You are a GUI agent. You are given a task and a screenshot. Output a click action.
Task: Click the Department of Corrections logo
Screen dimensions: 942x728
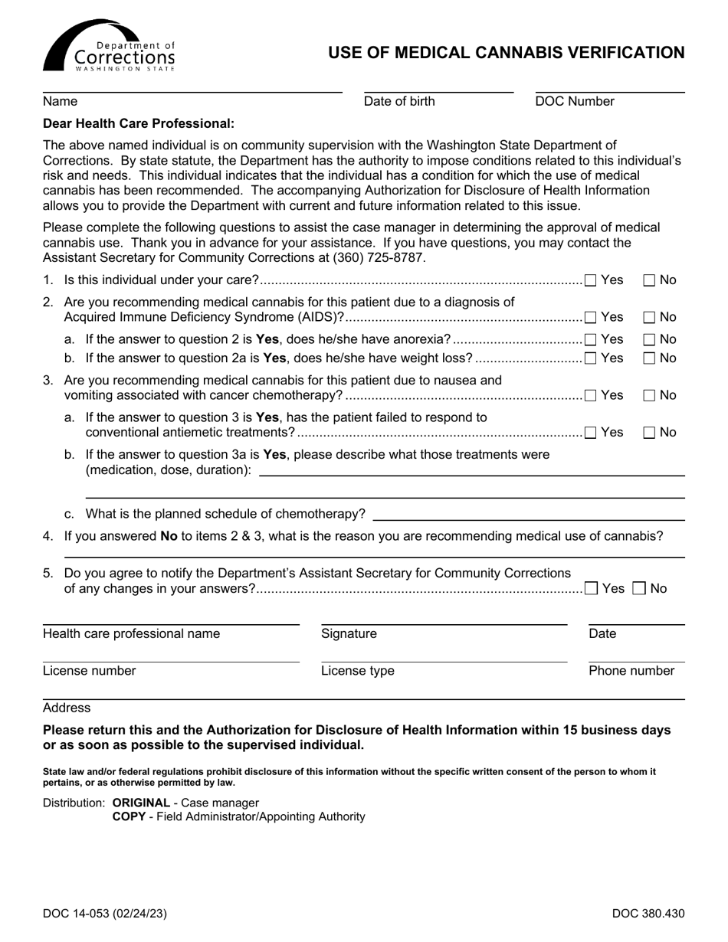[109, 46]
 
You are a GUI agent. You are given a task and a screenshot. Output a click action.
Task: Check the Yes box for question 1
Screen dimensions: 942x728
[591, 280]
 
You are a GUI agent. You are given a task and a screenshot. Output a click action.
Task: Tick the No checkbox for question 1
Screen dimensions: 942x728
[649, 280]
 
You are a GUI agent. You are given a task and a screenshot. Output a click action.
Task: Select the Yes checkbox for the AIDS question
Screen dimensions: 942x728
[591, 317]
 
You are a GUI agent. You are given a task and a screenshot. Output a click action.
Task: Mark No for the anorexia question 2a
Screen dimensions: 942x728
[649, 339]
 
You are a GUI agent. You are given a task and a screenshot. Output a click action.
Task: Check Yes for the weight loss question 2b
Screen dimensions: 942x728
[591, 358]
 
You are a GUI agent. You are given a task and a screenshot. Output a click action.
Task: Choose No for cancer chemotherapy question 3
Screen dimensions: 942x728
[649, 395]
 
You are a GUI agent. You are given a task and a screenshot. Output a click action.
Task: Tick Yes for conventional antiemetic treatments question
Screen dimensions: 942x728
[591, 433]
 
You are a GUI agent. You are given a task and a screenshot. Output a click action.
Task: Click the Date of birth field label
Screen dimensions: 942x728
[399, 101]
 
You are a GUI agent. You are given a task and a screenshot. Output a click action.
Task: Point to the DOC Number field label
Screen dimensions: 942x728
[575, 101]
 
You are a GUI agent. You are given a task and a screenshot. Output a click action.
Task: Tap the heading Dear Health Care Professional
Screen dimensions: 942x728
[139, 123]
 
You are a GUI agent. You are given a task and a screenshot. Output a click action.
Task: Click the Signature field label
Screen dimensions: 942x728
[349, 633]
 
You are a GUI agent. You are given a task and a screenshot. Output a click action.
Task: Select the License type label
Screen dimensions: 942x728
[358, 671]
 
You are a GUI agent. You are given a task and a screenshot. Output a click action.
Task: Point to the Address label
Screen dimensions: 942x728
[67, 708]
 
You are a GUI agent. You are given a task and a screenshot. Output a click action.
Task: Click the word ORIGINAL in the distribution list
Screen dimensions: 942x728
[141, 803]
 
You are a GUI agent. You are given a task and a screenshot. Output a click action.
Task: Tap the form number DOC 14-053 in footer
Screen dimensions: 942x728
[105, 913]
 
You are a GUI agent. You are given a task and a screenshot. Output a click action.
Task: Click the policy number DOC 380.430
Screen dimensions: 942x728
[648, 913]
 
